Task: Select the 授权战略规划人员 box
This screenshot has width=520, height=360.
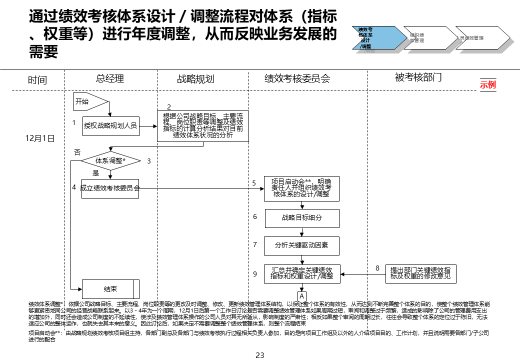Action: click(x=110, y=126)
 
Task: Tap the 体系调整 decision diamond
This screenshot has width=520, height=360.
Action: click(x=110, y=161)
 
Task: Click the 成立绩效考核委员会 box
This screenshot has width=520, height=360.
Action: click(x=110, y=188)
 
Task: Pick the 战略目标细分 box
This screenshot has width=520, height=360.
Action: click(x=302, y=218)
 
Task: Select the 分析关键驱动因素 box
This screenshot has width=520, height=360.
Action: click(x=302, y=245)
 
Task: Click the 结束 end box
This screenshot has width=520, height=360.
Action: click(x=110, y=289)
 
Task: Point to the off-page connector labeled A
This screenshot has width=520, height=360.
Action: click(x=302, y=296)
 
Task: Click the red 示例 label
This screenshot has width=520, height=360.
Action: click(x=487, y=84)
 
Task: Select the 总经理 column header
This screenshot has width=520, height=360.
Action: click(x=110, y=78)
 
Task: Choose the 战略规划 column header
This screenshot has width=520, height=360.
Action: click(x=195, y=79)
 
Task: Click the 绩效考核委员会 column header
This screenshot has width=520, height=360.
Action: click(x=297, y=79)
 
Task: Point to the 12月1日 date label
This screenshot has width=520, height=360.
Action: click(x=39, y=138)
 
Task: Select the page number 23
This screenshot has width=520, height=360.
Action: click(x=259, y=355)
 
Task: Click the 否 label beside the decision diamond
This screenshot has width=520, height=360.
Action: click(x=77, y=152)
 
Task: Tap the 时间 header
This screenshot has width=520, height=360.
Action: click(x=37, y=80)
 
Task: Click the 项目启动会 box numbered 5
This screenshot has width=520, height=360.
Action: click(x=302, y=188)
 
